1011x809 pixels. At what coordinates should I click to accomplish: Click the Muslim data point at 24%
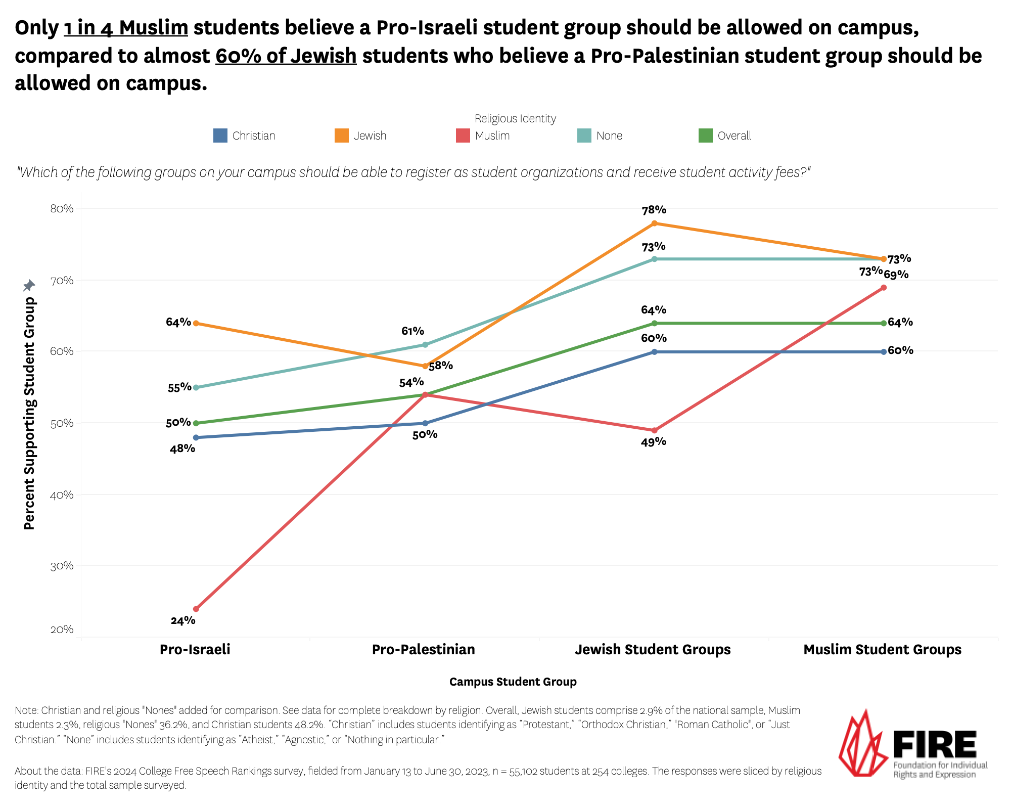click(x=196, y=609)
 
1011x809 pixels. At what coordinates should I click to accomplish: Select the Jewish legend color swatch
click(x=342, y=136)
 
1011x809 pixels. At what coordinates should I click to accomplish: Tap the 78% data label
click(x=654, y=210)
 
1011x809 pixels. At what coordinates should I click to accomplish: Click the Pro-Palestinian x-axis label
click(x=424, y=649)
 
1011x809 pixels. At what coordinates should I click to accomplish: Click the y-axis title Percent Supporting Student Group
click(x=30, y=413)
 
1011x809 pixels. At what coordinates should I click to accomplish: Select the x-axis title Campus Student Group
click(x=513, y=682)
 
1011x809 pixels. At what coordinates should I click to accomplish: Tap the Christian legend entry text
click(x=254, y=136)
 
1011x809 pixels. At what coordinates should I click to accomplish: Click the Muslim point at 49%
click(x=654, y=431)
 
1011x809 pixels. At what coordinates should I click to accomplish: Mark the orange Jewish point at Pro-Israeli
click(x=196, y=323)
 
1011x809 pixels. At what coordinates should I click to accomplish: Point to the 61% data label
click(x=412, y=331)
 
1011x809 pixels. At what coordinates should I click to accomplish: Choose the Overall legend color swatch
click(x=705, y=136)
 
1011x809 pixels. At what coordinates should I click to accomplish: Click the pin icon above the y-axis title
click(x=29, y=286)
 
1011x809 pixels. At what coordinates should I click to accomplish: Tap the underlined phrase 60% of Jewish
click(x=286, y=56)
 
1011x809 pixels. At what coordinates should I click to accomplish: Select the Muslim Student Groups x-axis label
click(x=882, y=649)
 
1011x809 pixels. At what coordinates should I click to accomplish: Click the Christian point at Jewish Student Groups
click(x=654, y=352)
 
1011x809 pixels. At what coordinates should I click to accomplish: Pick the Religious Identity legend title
click(x=515, y=118)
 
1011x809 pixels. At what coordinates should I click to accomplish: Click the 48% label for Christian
click(x=182, y=448)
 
